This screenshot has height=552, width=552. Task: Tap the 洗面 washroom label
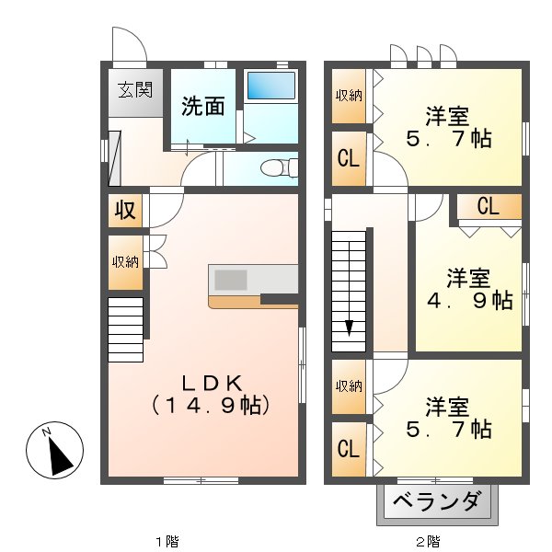point(202,106)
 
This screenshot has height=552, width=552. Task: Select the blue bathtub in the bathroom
point(270,86)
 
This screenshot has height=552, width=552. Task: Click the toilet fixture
point(275,168)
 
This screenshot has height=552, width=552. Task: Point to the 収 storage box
point(125,211)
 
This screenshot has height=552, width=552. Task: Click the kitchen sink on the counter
point(232,280)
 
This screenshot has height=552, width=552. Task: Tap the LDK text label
point(210,383)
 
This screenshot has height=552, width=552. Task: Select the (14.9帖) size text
point(211,404)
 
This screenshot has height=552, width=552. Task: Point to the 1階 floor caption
point(166,540)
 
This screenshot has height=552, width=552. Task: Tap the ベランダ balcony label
point(436,502)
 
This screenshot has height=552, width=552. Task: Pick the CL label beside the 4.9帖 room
point(488,207)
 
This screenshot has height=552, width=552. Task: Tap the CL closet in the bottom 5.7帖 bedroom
point(348,449)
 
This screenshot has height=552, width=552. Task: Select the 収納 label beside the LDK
point(125,261)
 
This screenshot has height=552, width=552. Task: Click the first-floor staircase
point(126,329)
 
